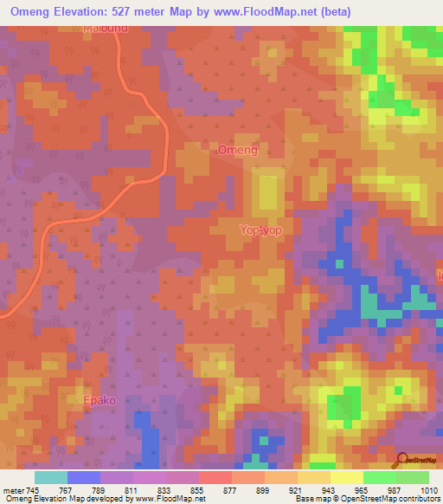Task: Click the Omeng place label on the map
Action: click(237, 150)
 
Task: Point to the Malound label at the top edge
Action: click(106, 29)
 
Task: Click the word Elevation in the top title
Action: click(94, 11)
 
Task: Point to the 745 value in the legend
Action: click(33, 490)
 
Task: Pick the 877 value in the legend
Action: click(231, 490)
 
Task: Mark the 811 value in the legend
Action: click(132, 490)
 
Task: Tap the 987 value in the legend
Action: click(395, 490)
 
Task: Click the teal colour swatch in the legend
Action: click(50, 477)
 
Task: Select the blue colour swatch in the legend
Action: click(83, 477)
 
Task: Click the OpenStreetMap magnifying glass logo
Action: click(401, 460)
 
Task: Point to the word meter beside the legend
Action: click(13, 490)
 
